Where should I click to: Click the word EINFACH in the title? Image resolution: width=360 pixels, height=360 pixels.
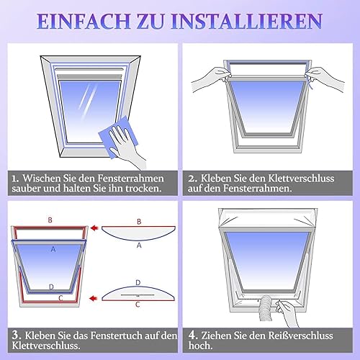(x=84, y=21)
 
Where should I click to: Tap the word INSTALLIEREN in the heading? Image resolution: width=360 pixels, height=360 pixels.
(x=247, y=21)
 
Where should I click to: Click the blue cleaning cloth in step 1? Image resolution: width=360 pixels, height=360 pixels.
(x=117, y=136)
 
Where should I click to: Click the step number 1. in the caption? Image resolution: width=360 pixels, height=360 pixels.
(x=15, y=179)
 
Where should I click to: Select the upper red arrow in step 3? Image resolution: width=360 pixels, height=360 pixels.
(x=95, y=228)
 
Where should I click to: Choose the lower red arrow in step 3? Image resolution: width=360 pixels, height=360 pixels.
(x=94, y=298)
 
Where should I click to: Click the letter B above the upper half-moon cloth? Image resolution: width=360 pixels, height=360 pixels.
(x=139, y=222)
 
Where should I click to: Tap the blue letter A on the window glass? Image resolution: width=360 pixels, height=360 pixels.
(x=53, y=249)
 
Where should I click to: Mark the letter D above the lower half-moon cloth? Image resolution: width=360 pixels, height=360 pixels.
(x=138, y=283)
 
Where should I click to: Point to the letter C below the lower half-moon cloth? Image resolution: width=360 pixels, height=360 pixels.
(x=138, y=305)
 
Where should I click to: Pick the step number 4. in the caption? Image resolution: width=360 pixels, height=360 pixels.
(x=193, y=336)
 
